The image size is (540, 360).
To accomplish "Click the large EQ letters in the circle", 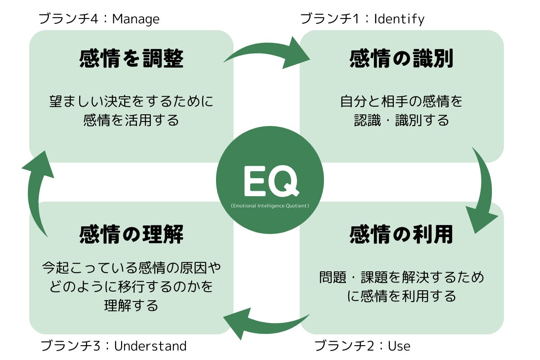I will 270,181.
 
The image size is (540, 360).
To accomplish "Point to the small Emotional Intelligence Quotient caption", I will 270,206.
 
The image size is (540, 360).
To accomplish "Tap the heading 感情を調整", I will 131,59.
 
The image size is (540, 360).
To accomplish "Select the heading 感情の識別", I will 401,59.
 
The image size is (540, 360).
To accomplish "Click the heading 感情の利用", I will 401,234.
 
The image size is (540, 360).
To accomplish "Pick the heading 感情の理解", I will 131,234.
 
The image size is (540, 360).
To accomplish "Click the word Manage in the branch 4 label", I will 135,19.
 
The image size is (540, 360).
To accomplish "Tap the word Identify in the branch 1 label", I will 399,19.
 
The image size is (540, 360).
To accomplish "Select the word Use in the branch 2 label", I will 399,346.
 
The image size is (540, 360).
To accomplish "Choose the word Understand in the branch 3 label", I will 150,346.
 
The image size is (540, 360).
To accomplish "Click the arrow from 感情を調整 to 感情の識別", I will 269,53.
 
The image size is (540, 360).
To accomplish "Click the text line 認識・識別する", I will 401,121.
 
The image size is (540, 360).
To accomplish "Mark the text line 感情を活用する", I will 131,121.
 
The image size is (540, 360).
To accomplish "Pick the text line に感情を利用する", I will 401,296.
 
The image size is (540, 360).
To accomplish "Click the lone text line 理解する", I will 131,306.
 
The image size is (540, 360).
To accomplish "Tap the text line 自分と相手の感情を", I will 401,101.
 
